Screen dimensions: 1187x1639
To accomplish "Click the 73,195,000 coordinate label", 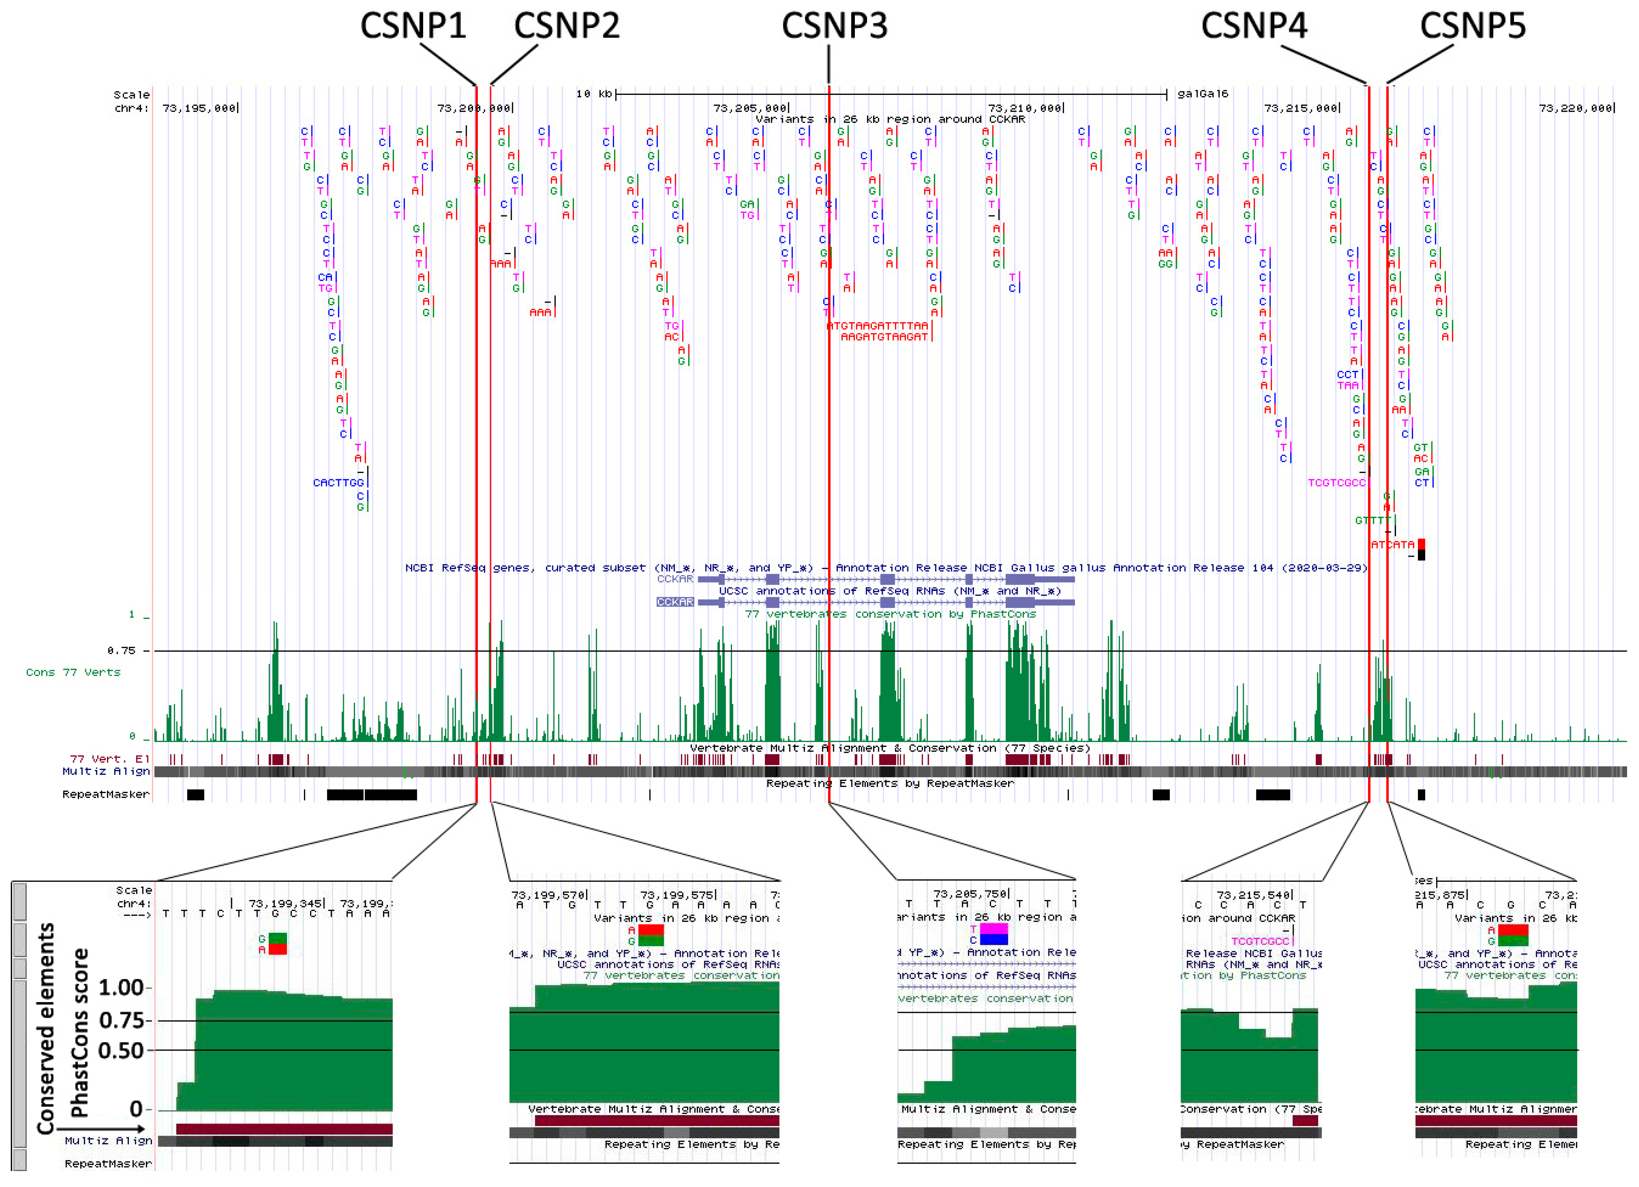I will point(199,108).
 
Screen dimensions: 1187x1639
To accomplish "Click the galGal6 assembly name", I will point(1202,94).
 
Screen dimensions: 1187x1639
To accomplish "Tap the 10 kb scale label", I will point(594,94).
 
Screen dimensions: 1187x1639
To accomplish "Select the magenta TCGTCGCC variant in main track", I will point(1336,483).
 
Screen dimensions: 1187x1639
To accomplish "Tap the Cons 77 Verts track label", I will point(73,673).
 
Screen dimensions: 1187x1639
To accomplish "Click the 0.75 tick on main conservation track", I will point(121,651).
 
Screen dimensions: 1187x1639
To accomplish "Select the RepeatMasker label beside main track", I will point(106,795).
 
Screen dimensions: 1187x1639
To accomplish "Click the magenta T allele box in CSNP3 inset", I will point(994,929).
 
